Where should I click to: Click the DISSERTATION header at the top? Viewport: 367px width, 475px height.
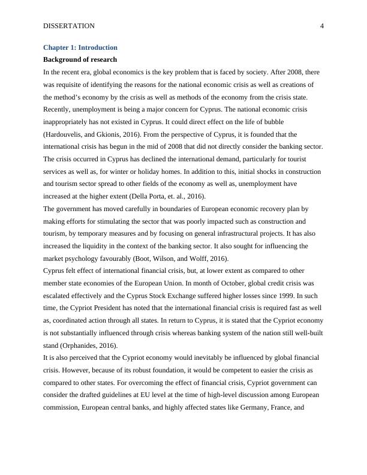coord(70,26)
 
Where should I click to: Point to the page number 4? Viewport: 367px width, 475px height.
coord(322,26)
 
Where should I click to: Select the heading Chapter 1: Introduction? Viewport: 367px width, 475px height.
coord(80,47)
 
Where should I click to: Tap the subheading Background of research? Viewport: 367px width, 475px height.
coord(80,60)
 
